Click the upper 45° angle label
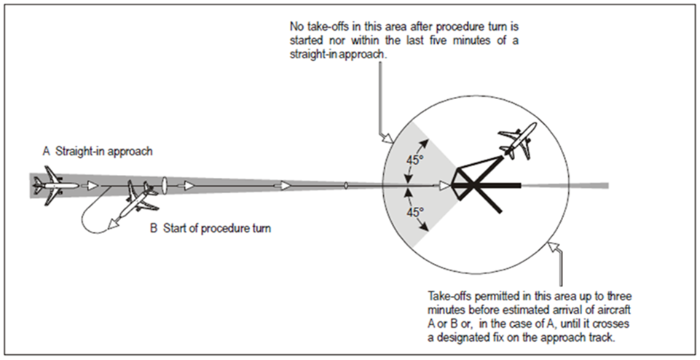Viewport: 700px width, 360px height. pos(414,160)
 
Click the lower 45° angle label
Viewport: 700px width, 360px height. pos(414,212)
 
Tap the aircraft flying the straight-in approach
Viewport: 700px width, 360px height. pos(55,185)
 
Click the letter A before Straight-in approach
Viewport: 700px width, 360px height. pos(47,152)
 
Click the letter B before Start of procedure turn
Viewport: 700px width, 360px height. pos(154,228)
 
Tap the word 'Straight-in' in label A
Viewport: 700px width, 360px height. pos(77,152)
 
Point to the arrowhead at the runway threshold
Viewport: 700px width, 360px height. pos(446,185)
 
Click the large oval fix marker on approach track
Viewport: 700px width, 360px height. pos(164,184)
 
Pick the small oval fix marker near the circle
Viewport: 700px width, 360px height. pos(345,185)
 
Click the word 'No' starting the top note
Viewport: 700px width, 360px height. pos(296,27)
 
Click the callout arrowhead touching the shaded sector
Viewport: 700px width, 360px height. pos(386,138)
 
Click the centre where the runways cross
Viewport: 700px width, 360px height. pos(472,185)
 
